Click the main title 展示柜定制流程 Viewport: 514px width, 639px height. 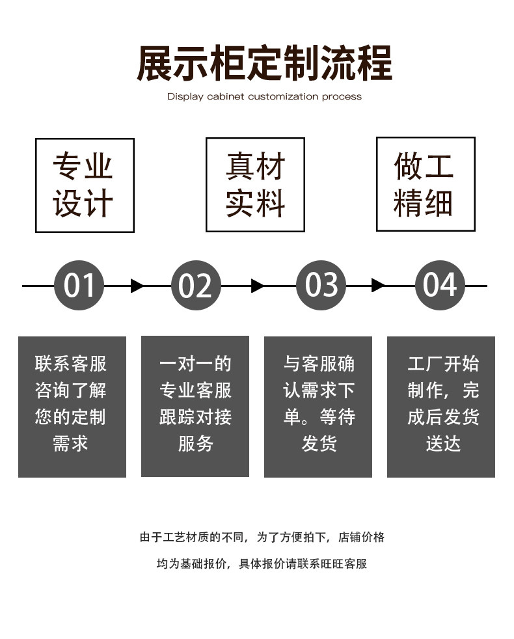(x=264, y=63)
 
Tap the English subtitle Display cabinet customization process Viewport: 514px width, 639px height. (x=264, y=96)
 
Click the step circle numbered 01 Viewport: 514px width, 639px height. (x=79, y=285)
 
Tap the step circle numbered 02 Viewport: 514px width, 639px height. (x=196, y=285)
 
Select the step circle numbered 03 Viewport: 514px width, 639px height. (x=321, y=285)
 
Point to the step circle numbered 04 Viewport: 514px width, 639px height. (x=439, y=285)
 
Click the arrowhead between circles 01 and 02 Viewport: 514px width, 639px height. (x=137, y=286)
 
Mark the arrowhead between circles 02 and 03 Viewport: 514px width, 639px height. (x=257, y=286)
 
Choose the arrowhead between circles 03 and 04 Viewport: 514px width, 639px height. (x=378, y=286)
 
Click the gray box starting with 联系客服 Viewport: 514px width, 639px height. (x=72, y=407)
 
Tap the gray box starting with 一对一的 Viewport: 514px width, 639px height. (x=195, y=406)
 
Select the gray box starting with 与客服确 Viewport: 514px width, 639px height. (x=318, y=407)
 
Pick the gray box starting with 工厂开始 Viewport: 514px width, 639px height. (x=441, y=407)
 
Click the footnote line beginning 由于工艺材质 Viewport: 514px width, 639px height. (x=262, y=537)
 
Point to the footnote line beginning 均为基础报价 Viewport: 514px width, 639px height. (x=262, y=564)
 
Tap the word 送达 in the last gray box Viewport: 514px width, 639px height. (x=443, y=443)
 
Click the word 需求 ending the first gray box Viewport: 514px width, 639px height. (x=70, y=443)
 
